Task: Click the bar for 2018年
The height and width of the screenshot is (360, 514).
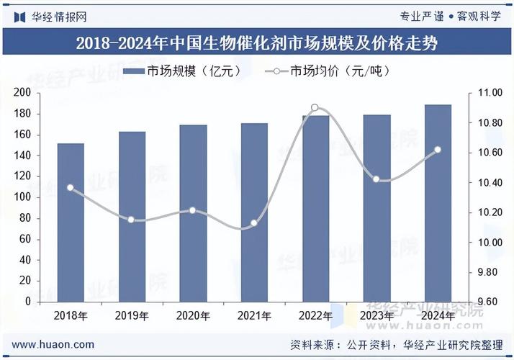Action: [71, 222]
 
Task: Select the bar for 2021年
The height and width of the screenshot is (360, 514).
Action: [254, 212]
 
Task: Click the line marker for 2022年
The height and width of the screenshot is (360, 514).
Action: [315, 108]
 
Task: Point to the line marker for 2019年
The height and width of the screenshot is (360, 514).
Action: [131, 219]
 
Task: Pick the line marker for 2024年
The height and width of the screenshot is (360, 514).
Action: [438, 150]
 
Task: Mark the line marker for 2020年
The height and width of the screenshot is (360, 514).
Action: [192, 210]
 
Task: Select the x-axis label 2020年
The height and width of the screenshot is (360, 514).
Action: [192, 315]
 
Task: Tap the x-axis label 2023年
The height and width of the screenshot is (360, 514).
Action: [377, 315]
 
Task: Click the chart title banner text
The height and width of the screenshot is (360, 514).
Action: [257, 42]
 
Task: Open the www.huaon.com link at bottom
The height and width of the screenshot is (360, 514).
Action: [53, 345]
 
